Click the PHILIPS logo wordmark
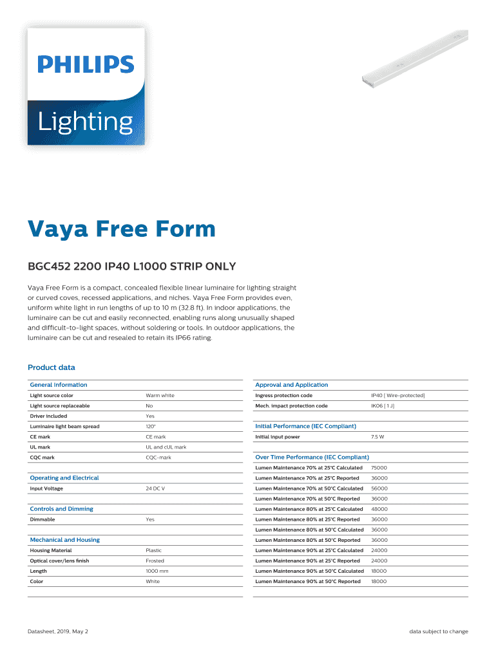[x=86, y=64]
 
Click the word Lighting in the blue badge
[x=85, y=122]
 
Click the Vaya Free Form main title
[x=121, y=229]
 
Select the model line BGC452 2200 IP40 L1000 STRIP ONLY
[x=131, y=266]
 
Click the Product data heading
[x=52, y=367]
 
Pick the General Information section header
[x=59, y=385]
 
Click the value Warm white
[x=160, y=395]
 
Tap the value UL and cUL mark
[x=166, y=447]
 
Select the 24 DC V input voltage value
[x=155, y=488]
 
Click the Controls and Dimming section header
[x=61, y=509]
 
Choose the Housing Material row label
[x=51, y=550]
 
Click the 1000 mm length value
[x=157, y=571]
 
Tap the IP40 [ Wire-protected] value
[x=397, y=395]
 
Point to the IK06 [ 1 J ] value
[x=383, y=406]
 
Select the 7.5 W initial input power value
[x=378, y=437]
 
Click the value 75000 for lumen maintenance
[x=379, y=468]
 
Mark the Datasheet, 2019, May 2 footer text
[x=58, y=631]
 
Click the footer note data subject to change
[x=439, y=631]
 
